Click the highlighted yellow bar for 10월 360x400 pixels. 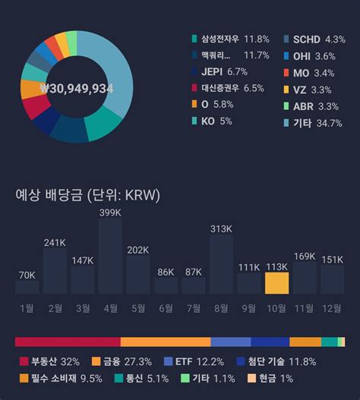277,283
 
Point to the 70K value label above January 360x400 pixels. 27,275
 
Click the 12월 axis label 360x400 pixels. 332,307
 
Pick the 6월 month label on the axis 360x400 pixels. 166,307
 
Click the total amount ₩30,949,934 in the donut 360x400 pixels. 76,88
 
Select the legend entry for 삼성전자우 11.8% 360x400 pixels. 231,39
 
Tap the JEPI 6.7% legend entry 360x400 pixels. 220,71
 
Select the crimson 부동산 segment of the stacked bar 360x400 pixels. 68,342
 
